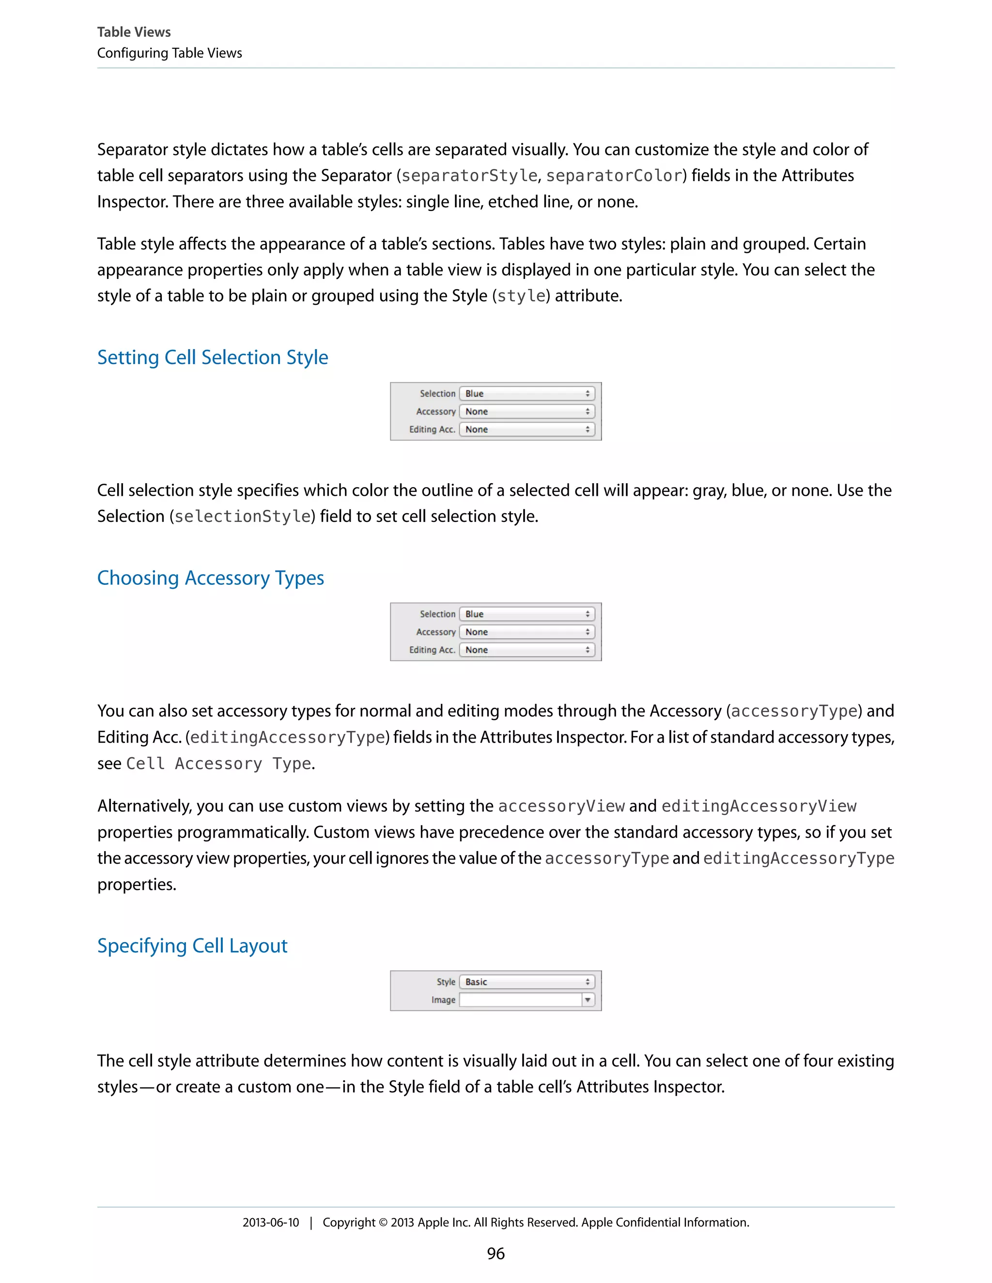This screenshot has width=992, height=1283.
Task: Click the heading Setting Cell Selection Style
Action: pos(212,357)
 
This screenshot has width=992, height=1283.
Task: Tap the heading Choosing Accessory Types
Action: pos(210,578)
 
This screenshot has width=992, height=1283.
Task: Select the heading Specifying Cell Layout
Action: pos(192,946)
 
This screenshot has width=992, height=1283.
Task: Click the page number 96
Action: pos(496,1253)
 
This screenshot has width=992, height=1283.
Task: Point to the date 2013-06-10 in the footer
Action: pos(270,1222)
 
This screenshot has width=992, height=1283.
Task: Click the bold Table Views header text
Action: pos(134,32)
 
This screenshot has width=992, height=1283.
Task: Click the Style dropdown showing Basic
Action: pos(527,982)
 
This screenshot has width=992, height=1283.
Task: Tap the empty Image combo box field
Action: pos(520,1000)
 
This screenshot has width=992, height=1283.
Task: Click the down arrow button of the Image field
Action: pos(588,1000)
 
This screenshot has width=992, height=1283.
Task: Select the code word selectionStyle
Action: pos(243,517)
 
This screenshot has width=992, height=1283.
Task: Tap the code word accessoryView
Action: pos(561,806)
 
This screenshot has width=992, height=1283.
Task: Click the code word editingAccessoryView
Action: pos(759,806)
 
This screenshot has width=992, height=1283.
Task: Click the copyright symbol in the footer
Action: pos(383,1222)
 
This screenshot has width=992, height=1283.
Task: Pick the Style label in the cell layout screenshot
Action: pos(446,982)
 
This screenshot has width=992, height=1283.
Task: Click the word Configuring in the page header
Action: pos(132,53)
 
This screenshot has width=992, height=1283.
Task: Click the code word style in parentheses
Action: pos(521,296)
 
